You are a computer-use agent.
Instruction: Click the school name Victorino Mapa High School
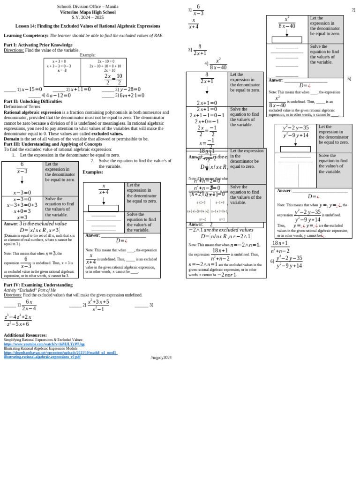(x=88, y=12)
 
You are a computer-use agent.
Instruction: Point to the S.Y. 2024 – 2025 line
(x=88, y=17)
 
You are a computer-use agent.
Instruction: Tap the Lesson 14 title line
(x=88, y=26)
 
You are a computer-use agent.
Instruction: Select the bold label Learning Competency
(x=26, y=36)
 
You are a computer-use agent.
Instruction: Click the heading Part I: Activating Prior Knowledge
(x=38, y=45)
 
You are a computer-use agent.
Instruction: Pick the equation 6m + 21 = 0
(x=132, y=96)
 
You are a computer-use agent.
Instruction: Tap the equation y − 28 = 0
(x=130, y=90)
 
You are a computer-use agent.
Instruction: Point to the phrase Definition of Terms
(x=22, y=107)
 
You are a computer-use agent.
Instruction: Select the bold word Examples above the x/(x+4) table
(x=93, y=172)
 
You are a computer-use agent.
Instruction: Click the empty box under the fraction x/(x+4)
(x=103, y=208)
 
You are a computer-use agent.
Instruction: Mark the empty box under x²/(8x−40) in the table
(x=287, y=40)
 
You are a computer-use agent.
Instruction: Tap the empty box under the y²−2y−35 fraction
(x=295, y=149)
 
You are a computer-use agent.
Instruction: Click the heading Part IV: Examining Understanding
(x=38, y=285)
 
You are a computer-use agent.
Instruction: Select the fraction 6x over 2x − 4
(x=29, y=305)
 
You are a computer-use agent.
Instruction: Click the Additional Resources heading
(x=25, y=335)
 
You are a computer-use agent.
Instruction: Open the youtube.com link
(x=44, y=344)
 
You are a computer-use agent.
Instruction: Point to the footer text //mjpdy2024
(x=161, y=358)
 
